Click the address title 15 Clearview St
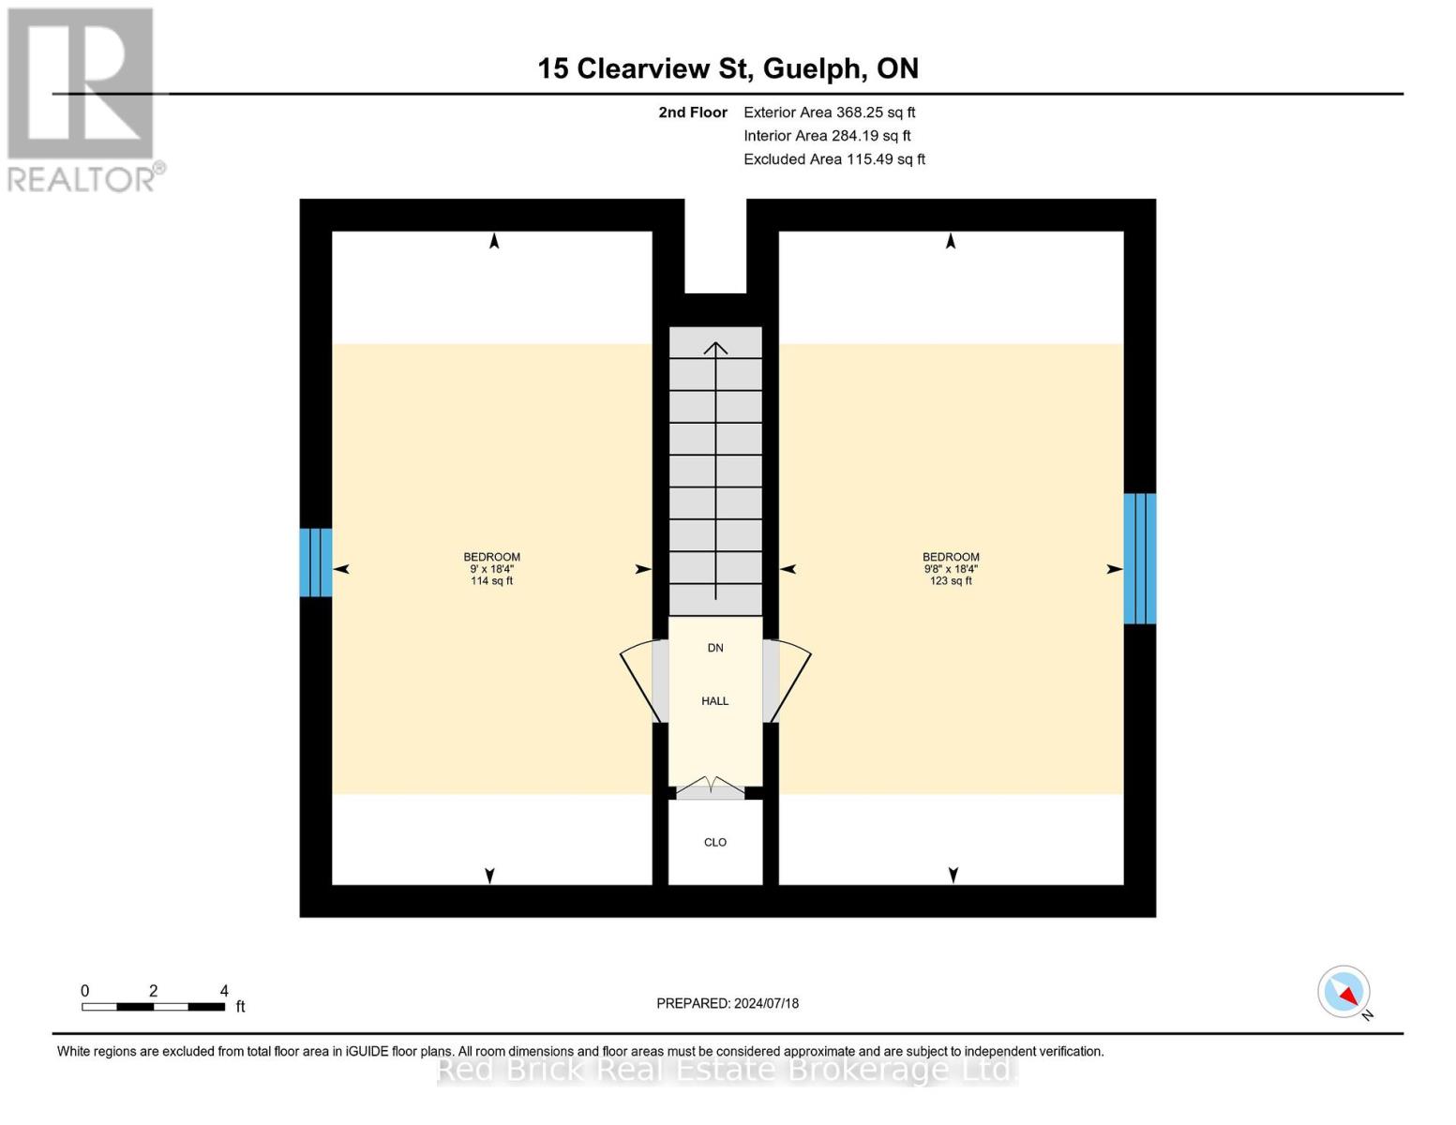728,68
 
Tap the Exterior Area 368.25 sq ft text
829,112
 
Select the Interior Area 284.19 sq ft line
827,136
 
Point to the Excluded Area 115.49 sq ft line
834,159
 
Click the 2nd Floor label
693,112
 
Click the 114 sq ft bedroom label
491,569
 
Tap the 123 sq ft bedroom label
951,569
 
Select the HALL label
715,701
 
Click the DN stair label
715,648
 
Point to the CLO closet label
715,842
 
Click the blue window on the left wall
316,562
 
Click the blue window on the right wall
1140,559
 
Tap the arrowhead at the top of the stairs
715,349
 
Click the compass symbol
1344,992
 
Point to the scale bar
153,1007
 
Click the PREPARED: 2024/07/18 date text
728,1003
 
